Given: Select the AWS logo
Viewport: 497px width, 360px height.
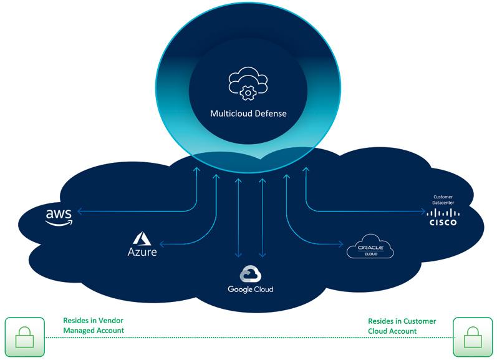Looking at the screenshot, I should coord(59,216).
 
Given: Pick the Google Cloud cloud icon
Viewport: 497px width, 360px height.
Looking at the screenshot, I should coord(249,274).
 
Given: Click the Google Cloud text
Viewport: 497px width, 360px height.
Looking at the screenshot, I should coord(250,289).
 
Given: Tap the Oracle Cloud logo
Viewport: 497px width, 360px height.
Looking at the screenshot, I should coord(371,247).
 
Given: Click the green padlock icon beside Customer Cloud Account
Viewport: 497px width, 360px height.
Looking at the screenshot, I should coord(473,338).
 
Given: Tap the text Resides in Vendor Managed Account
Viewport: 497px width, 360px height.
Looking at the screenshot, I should coord(94,325).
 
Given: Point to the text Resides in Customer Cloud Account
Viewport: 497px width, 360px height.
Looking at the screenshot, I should coord(402,325).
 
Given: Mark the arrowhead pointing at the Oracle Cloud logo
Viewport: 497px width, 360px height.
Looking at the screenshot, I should coord(342,244).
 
